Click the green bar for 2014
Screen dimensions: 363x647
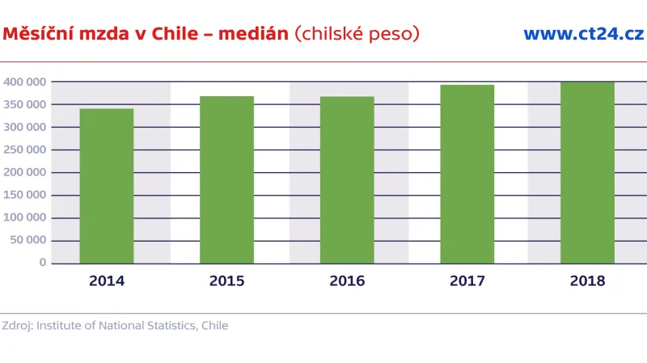pyautogui.click(x=107, y=186)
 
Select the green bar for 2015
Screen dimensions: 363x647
pyautogui.click(x=226, y=179)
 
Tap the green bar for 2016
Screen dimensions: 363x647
pyautogui.click(x=347, y=179)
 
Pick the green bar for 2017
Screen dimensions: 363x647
pyautogui.click(x=467, y=174)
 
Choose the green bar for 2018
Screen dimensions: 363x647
pyautogui.click(x=587, y=172)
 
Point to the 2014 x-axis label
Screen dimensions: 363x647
pyautogui.click(x=107, y=281)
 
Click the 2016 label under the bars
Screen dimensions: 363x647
pyautogui.click(x=347, y=281)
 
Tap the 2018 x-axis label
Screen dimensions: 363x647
pyautogui.click(x=587, y=281)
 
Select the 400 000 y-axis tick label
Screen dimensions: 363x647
pyautogui.click(x=24, y=82)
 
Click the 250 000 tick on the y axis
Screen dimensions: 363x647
pyautogui.click(x=24, y=150)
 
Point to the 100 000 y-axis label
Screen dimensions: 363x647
pyautogui.click(x=24, y=217)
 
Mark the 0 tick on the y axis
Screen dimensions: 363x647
pyautogui.click(x=42, y=263)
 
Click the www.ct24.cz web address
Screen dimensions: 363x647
pyautogui.click(x=583, y=34)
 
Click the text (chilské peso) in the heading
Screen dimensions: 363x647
pyautogui.click(x=357, y=34)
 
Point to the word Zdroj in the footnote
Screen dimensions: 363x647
pyautogui.click(x=16, y=326)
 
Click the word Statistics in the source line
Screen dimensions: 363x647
pyautogui.click(x=170, y=326)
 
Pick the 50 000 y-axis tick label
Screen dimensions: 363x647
pyautogui.click(x=27, y=240)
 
